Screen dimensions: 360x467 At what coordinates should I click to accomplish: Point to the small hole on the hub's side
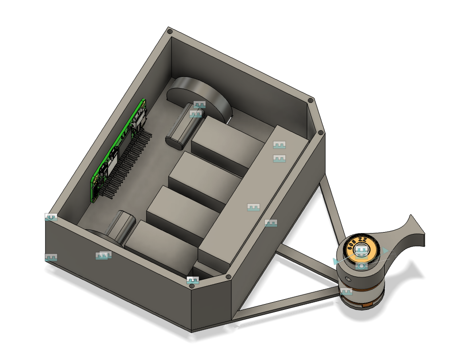[x=348, y=279]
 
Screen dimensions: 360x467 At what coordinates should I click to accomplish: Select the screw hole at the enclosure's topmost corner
[x=169, y=32]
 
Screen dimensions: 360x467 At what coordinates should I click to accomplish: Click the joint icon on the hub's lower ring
[x=346, y=292]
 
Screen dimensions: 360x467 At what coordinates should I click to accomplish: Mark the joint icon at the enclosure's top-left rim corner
[x=51, y=217]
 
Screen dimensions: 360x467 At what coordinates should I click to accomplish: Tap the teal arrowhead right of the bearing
[x=386, y=251]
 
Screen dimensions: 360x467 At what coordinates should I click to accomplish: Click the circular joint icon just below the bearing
[x=361, y=266]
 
